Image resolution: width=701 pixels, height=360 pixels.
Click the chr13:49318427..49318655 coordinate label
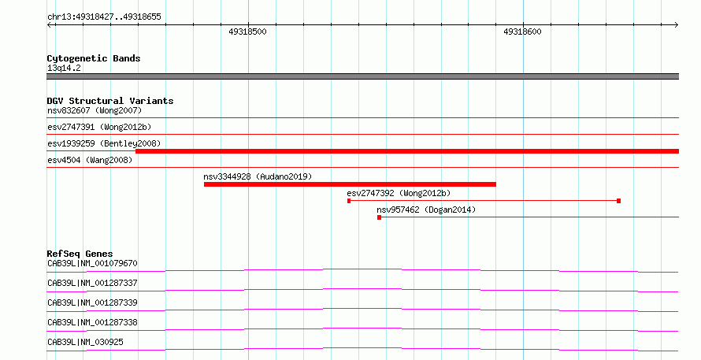pyautogui.click(x=104, y=17)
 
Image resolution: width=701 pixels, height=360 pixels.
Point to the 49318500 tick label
pyautogui.click(x=247, y=32)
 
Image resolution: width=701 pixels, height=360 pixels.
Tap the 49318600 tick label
pyautogui.click(x=522, y=32)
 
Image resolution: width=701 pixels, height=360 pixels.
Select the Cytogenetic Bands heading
pyautogui.click(x=94, y=58)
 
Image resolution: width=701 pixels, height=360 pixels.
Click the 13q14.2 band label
pyautogui.click(x=64, y=68)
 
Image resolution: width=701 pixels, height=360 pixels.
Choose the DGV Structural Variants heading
pyautogui.click(x=110, y=101)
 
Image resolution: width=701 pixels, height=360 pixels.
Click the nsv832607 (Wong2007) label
pyautogui.click(x=95, y=110)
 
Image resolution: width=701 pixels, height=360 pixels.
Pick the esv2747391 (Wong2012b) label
pyautogui.click(x=99, y=127)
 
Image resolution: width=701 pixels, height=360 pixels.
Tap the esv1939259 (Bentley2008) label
pyautogui.click(x=104, y=143)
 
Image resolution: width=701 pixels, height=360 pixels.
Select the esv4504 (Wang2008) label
pyautogui.click(x=90, y=160)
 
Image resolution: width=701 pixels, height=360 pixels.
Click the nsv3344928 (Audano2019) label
pyautogui.click(x=258, y=176)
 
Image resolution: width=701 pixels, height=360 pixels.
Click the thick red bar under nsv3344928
pyautogui.click(x=350, y=184)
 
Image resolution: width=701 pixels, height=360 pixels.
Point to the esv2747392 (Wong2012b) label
pyautogui.click(x=399, y=193)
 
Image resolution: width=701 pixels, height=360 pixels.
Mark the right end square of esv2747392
pyautogui.click(x=619, y=201)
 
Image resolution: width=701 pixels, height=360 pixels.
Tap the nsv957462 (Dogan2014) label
pyautogui.click(x=426, y=210)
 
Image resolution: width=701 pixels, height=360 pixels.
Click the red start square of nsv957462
pyautogui.click(x=379, y=217)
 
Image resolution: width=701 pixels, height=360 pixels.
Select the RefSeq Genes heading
pyautogui.click(x=80, y=254)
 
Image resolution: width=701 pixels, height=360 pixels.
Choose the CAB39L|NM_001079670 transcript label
pyautogui.click(x=92, y=263)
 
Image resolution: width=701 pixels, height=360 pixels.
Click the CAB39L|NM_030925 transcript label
pyautogui.click(x=85, y=342)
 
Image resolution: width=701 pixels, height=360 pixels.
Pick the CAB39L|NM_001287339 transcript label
pyautogui.click(x=92, y=302)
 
